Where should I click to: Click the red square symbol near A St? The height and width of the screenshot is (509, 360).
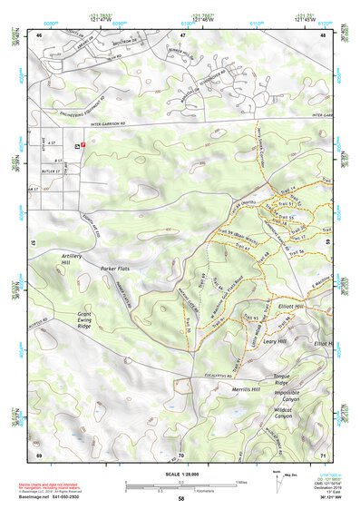pyautogui.click(x=84, y=143)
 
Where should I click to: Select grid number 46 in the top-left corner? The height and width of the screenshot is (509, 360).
pyautogui.click(x=39, y=34)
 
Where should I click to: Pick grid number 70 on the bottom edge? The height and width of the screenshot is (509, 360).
pyautogui.click(x=181, y=454)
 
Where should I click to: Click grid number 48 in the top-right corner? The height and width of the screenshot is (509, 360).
pyautogui.click(x=323, y=34)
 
